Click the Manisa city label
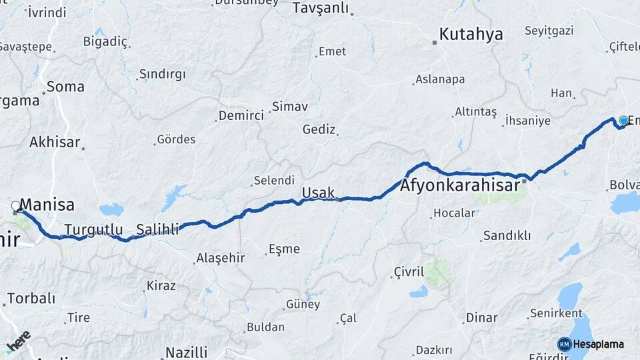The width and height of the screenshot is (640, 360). (x=47, y=205)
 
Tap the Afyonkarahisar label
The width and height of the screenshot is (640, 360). (x=459, y=187)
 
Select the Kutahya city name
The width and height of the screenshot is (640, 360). (x=471, y=35)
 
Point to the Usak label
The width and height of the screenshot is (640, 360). (x=319, y=193)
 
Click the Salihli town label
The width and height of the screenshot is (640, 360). (x=157, y=230)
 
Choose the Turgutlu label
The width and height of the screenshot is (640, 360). (x=93, y=230)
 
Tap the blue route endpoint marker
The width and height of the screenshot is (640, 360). (x=623, y=121)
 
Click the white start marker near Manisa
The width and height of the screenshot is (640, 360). (x=16, y=207)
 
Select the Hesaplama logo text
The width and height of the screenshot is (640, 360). (x=598, y=344)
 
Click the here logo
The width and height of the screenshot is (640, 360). (x=18, y=341)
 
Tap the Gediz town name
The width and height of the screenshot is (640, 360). (x=319, y=129)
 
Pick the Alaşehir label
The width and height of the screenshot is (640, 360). (x=221, y=258)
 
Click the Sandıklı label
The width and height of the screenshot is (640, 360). (x=507, y=235)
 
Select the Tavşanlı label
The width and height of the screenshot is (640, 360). (x=321, y=8)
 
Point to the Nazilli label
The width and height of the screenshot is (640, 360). (x=186, y=352)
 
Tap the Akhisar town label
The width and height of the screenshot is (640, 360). (x=55, y=142)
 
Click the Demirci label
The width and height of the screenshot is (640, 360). (x=241, y=116)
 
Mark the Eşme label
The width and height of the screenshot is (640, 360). (x=284, y=249)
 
